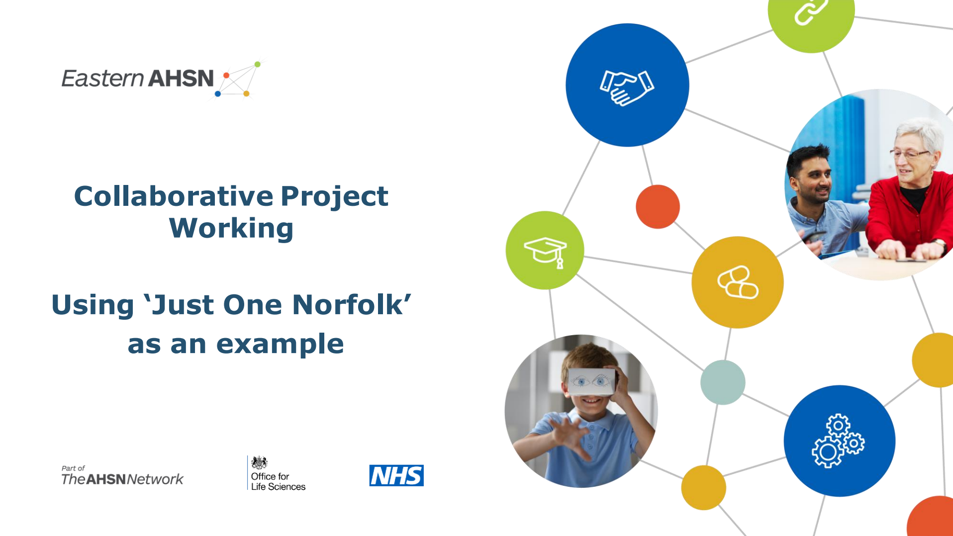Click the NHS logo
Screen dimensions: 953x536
(x=396, y=475)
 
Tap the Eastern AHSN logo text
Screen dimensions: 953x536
(x=138, y=79)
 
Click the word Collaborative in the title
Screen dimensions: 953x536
(x=174, y=196)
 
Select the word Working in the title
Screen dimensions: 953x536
(x=231, y=229)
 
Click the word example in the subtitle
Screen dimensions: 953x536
(x=280, y=344)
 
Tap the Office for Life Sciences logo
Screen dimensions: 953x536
(x=277, y=473)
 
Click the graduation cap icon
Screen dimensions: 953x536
(x=545, y=252)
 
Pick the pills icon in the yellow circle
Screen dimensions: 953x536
(x=738, y=282)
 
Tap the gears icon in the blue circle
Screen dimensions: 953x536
(x=838, y=441)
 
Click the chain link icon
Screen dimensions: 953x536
(x=811, y=11)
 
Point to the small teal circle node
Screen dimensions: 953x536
(x=723, y=382)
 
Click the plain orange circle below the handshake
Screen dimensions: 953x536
(x=658, y=207)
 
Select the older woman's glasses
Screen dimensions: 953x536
(x=909, y=154)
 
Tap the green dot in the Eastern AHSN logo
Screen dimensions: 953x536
(x=258, y=64)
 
